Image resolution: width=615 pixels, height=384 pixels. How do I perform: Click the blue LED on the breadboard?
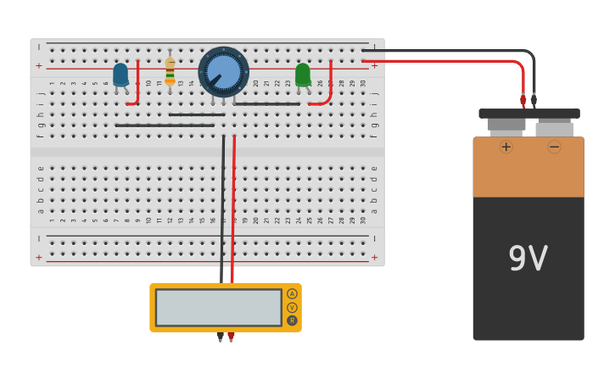(120, 75)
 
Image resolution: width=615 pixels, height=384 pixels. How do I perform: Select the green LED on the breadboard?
(303, 75)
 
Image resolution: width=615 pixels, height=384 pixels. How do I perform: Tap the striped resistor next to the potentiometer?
(170, 70)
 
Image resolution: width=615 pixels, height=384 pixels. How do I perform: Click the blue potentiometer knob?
(224, 71)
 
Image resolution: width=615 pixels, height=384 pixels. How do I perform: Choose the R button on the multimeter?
(292, 320)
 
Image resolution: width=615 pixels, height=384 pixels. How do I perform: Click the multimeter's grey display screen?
(218, 307)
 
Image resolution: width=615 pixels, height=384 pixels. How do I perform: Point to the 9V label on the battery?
(528, 259)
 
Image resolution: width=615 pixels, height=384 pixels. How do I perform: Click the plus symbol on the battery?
(506, 147)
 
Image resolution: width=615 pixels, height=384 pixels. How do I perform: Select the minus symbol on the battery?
(554, 147)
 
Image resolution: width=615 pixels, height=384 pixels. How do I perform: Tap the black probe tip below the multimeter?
(220, 337)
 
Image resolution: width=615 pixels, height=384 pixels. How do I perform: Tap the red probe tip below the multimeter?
(231, 337)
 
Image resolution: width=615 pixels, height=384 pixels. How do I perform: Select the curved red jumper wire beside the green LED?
(328, 89)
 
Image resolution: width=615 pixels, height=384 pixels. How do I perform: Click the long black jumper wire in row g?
(165, 125)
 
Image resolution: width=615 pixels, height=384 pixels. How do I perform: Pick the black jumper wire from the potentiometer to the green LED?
(266, 104)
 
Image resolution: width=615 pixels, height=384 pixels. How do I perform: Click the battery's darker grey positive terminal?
(506, 125)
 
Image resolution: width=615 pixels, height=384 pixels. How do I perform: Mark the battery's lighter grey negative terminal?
(555, 128)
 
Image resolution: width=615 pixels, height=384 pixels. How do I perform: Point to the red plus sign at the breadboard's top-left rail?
(38, 65)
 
